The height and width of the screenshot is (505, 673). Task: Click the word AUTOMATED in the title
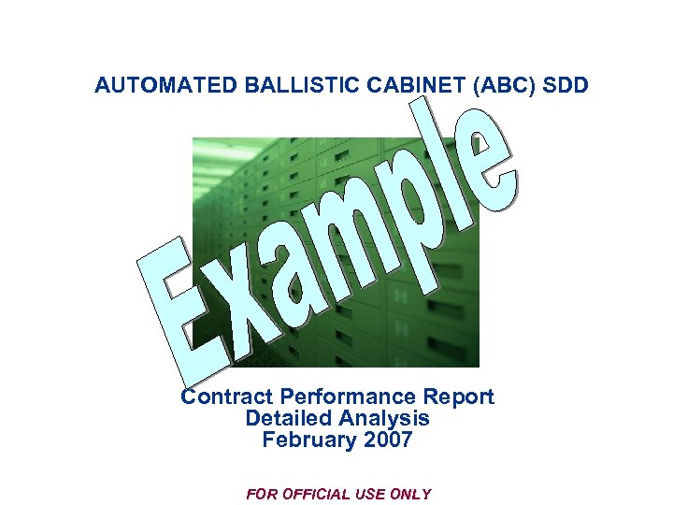pos(166,86)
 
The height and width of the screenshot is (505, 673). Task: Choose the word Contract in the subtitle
pos(221,397)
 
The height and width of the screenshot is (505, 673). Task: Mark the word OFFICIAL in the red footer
pos(321,494)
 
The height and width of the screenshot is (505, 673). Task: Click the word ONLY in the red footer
pos(412,494)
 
